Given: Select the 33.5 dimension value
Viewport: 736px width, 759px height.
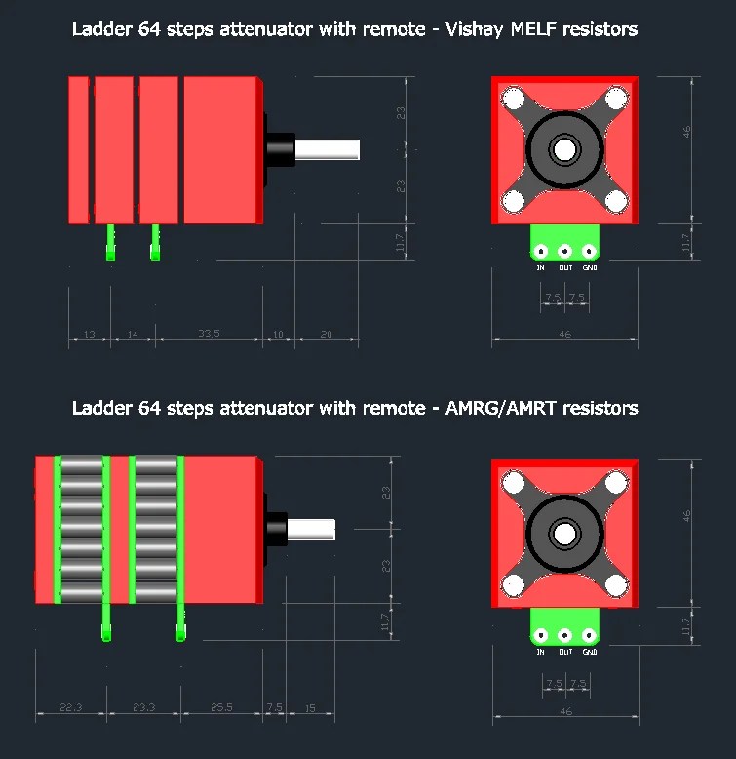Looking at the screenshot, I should click(208, 334).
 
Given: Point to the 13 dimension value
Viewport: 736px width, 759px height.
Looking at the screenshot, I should click(89, 335).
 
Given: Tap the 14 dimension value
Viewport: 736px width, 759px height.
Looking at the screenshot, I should click(133, 335).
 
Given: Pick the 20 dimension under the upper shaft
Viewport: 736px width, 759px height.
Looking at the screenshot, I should click(326, 335).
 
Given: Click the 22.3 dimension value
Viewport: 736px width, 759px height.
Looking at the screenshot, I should click(71, 707).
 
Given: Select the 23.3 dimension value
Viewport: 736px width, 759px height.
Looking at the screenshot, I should click(144, 707).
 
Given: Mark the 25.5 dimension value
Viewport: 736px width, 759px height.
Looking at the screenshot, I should click(221, 707).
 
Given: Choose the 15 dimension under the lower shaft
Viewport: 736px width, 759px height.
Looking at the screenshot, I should click(309, 707).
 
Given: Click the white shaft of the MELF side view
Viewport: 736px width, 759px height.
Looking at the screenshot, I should click(328, 150).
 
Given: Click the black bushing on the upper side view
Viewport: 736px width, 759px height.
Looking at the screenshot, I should click(281, 150).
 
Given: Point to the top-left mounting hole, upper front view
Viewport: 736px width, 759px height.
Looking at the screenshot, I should click(514, 99).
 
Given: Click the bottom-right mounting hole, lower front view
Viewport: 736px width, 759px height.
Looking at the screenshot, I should click(614, 582).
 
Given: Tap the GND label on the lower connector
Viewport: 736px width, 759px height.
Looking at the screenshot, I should click(588, 651).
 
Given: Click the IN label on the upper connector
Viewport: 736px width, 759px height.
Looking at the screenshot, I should click(540, 267).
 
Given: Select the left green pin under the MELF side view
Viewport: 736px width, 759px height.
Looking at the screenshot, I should click(110, 243).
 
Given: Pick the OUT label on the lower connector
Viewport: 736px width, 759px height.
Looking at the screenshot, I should click(564, 651).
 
